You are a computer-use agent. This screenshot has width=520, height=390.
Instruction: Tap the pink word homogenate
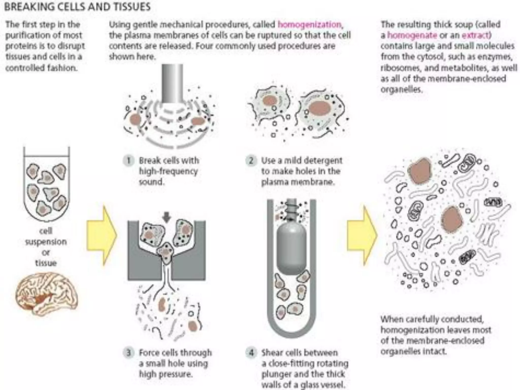pos(412,35)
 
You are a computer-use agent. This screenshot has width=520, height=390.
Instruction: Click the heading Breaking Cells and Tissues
pos(77,7)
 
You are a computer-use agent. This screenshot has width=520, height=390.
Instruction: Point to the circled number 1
pos(129,160)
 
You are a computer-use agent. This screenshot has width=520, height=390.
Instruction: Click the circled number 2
pos(251,160)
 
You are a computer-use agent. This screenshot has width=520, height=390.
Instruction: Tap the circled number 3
pos(129,352)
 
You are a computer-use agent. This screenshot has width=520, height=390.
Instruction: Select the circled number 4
pos(251,352)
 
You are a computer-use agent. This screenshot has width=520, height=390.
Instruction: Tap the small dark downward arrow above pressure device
pos(167,217)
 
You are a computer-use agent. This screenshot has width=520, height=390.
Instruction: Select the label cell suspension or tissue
pos(46,247)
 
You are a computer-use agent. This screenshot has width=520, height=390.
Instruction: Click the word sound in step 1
pos(151,182)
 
